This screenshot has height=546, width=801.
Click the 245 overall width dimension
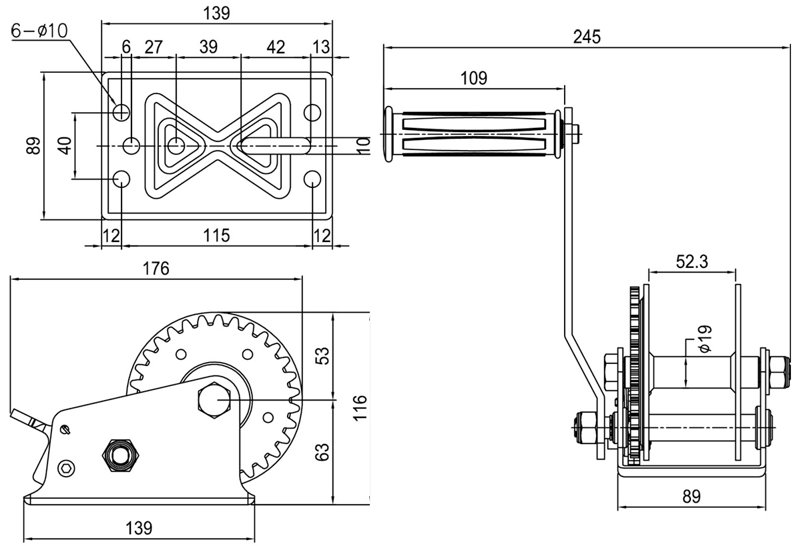(587, 37)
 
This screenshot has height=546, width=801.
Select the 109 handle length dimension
(473, 78)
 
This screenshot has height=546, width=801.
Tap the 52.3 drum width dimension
(692, 262)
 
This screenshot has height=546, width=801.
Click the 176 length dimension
(156, 269)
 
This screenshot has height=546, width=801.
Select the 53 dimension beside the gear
(322, 355)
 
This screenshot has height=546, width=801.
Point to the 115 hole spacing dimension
(216, 235)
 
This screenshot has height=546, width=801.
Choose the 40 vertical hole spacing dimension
(64, 145)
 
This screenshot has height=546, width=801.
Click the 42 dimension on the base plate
(275, 47)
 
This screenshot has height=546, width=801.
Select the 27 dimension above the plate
(154, 47)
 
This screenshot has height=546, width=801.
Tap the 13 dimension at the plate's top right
(321, 47)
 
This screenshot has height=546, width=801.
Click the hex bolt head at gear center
(214, 401)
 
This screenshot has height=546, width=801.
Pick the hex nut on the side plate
(120, 455)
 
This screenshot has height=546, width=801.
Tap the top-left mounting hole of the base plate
(121, 112)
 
